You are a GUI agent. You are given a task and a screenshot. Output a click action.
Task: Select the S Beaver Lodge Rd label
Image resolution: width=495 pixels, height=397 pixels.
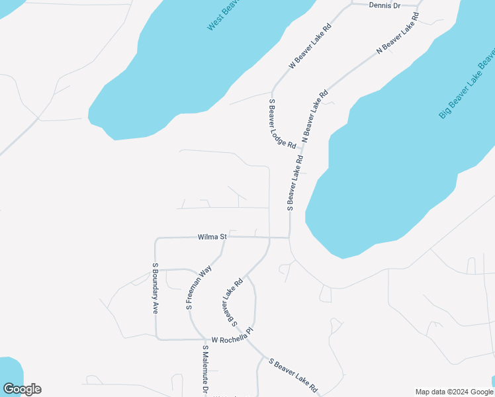(283, 123)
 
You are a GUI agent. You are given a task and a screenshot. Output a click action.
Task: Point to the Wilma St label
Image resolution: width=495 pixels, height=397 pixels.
(212, 236)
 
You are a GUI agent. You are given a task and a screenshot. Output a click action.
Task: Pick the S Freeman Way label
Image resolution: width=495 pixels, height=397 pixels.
(198, 288)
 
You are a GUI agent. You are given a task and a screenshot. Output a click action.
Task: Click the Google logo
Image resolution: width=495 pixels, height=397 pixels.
(22, 389)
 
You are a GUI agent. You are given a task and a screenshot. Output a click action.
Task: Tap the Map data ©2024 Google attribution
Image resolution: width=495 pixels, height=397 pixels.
(454, 392)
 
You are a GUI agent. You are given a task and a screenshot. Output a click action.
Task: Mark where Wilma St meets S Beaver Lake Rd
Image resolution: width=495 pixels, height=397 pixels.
(289, 238)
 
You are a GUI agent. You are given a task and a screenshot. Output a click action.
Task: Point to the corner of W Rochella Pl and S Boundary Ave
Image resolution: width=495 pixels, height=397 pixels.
(157, 338)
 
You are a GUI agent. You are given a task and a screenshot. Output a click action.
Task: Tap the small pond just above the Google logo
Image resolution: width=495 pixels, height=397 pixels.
(9, 371)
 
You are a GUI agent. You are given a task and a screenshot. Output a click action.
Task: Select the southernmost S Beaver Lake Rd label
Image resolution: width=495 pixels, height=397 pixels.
(293, 375)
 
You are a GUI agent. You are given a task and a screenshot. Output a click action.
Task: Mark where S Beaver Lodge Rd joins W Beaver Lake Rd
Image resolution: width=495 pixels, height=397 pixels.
(272, 92)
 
